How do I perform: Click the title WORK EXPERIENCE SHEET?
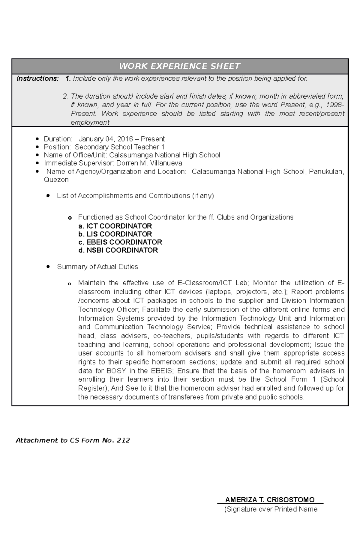point(180,66)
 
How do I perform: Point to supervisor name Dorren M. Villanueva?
point(149,163)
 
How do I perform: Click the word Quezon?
point(56,180)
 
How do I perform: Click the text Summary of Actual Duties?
point(97,267)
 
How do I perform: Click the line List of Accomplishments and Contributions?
point(135,196)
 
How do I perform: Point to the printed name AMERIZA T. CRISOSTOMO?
point(270,500)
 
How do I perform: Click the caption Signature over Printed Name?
point(271,509)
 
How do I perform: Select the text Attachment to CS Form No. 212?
point(73,440)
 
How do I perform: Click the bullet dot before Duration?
point(37,139)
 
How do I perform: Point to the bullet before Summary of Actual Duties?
point(48,266)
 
